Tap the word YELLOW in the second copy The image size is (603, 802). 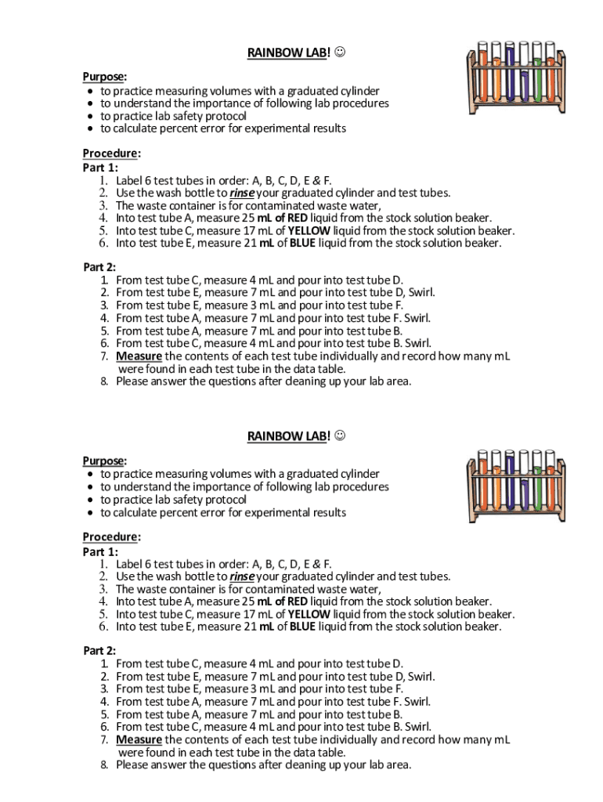309,614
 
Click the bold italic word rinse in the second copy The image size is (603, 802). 243,576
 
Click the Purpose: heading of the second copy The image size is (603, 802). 104,461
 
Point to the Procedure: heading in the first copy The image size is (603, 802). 111,154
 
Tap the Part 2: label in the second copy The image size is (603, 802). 99,650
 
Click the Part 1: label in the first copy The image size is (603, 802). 99,167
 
